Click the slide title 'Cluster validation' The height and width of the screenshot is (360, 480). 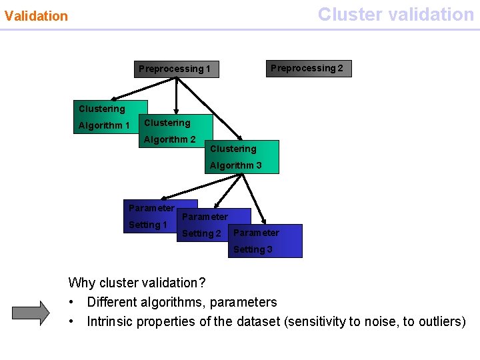(395, 14)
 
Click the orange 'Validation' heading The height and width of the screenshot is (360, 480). (36, 16)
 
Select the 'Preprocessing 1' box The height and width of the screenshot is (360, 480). (176, 69)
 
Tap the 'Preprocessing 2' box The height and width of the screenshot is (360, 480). (308, 68)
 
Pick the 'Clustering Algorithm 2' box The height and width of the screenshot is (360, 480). (175, 131)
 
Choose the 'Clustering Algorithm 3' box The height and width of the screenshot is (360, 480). (241, 157)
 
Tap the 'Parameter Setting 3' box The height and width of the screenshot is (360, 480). (265, 241)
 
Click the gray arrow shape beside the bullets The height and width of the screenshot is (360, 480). (31, 312)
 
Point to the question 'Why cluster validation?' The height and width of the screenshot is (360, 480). (137, 283)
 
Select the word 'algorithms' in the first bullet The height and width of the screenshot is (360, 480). (165, 302)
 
